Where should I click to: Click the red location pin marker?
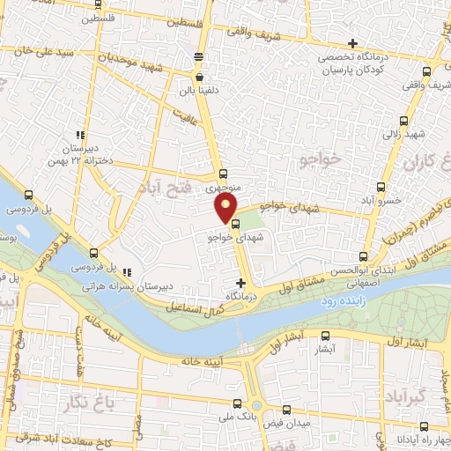226,209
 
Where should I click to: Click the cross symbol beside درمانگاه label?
241,283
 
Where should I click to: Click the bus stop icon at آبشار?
326,336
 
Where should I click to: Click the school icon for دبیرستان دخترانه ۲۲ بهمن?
80,136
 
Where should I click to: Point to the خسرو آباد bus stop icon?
381,187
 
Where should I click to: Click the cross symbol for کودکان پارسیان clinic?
352,43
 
